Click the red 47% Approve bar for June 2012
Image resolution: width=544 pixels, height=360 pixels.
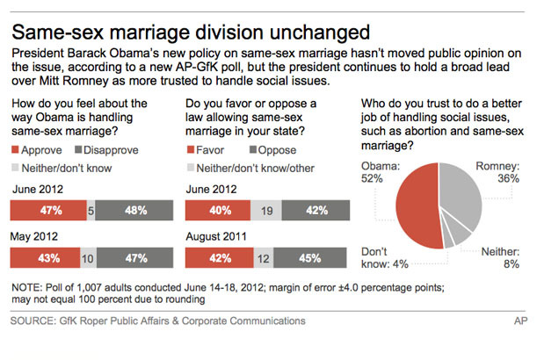[x=47, y=211]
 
